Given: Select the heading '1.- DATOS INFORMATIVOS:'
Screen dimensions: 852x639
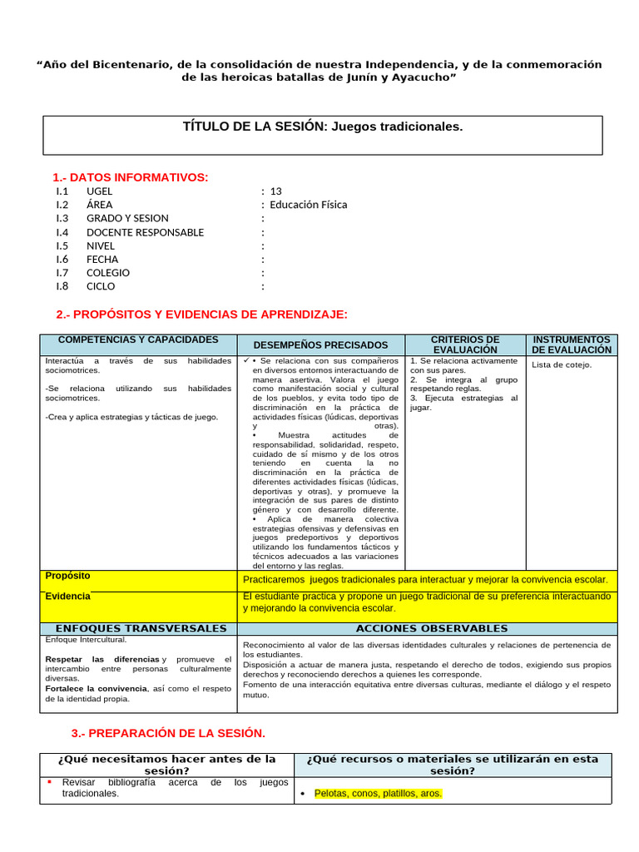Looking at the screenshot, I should click(131, 177).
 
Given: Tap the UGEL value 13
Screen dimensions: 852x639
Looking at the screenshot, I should click(276, 191).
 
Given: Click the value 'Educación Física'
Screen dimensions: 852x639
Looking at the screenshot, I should click(309, 205).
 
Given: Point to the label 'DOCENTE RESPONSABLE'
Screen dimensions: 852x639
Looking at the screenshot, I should click(145, 232).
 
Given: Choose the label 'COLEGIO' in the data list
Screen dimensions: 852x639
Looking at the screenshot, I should click(108, 273).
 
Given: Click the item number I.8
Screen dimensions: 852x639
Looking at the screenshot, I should click(62, 286).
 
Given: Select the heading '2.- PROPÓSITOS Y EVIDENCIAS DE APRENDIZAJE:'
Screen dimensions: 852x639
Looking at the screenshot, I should click(201, 314).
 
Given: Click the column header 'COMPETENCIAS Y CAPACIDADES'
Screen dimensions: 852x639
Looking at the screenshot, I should click(138, 340).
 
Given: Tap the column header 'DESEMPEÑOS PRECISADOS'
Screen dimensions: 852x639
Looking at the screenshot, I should click(320, 344).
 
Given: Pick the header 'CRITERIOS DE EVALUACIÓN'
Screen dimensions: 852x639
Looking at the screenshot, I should click(465, 344).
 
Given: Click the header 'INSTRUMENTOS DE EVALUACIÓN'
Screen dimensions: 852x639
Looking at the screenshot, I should click(572, 344).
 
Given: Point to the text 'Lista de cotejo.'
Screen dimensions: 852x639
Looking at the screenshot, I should click(562, 364).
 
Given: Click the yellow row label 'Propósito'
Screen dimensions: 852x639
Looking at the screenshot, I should click(68, 576).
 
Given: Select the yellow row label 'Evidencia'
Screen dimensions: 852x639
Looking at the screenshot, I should click(67, 596).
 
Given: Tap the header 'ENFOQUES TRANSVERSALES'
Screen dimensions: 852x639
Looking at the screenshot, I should click(140, 628).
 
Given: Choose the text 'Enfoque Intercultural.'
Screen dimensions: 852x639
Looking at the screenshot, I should click(86, 640).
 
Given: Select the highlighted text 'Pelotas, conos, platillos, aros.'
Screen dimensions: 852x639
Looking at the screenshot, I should click(378, 794).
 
